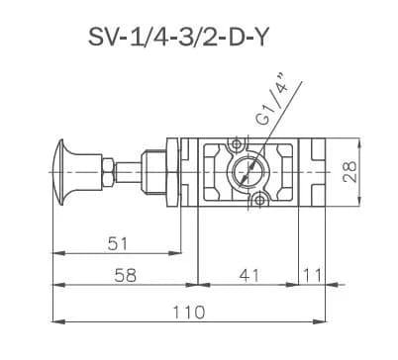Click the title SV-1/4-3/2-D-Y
pos(177,37)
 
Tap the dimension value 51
pos(118,244)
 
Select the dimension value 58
pos(125,275)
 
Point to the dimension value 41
pos(249,275)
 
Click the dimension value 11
pos(312,275)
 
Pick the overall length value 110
pos(189,312)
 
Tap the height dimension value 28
pos(349,171)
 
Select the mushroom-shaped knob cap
pos(61,172)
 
